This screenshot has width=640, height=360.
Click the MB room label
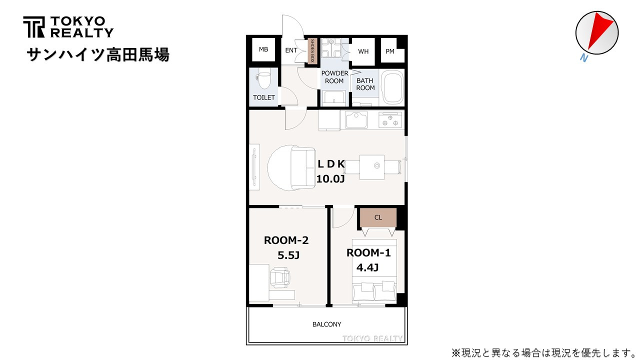click(x=263, y=49)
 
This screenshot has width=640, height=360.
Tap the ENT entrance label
click(x=291, y=50)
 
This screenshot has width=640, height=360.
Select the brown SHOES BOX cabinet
click(x=312, y=51)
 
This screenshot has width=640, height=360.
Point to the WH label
click(x=363, y=51)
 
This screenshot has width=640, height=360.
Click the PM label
click(x=390, y=51)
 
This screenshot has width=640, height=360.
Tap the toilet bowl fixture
click(x=264, y=80)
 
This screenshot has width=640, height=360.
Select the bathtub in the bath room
click(x=393, y=87)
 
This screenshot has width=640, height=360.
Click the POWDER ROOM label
click(x=334, y=77)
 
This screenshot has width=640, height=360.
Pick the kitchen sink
click(x=356, y=119)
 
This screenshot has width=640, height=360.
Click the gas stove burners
click(x=390, y=119)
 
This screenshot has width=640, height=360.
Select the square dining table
click(x=371, y=167)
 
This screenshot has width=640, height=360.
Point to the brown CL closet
click(x=378, y=217)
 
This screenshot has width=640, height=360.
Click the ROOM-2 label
click(x=286, y=240)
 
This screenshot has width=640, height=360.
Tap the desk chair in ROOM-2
click(x=279, y=277)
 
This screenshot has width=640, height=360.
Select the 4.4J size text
click(x=367, y=267)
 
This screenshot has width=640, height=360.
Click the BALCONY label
click(x=327, y=324)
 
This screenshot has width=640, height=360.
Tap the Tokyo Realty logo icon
click(x=34, y=27)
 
